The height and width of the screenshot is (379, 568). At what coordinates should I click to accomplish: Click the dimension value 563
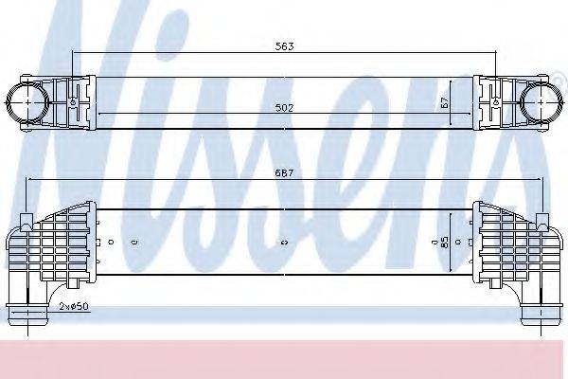pyautogui.click(x=284, y=46)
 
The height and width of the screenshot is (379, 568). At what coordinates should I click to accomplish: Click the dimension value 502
pyautogui.click(x=284, y=108)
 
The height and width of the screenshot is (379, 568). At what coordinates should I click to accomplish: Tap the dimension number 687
pyautogui.click(x=284, y=173)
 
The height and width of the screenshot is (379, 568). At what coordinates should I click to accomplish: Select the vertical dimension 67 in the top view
pyautogui.click(x=445, y=102)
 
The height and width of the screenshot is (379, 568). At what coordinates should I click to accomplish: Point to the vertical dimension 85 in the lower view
pyautogui.click(x=445, y=242)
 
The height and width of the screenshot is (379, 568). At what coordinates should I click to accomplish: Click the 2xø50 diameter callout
pyautogui.click(x=74, y=306)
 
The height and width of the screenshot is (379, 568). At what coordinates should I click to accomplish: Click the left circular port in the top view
pyautogui.click(x=27, y=102)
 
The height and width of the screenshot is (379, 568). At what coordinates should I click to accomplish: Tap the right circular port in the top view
pyautogui.click(x=541, y=102)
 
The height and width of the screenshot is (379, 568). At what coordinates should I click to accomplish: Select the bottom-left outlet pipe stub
pyautogui.click(x=27, y=313)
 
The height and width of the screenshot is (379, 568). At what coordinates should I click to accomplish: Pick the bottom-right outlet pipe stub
pyautogui.click(x=541, y=313)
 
